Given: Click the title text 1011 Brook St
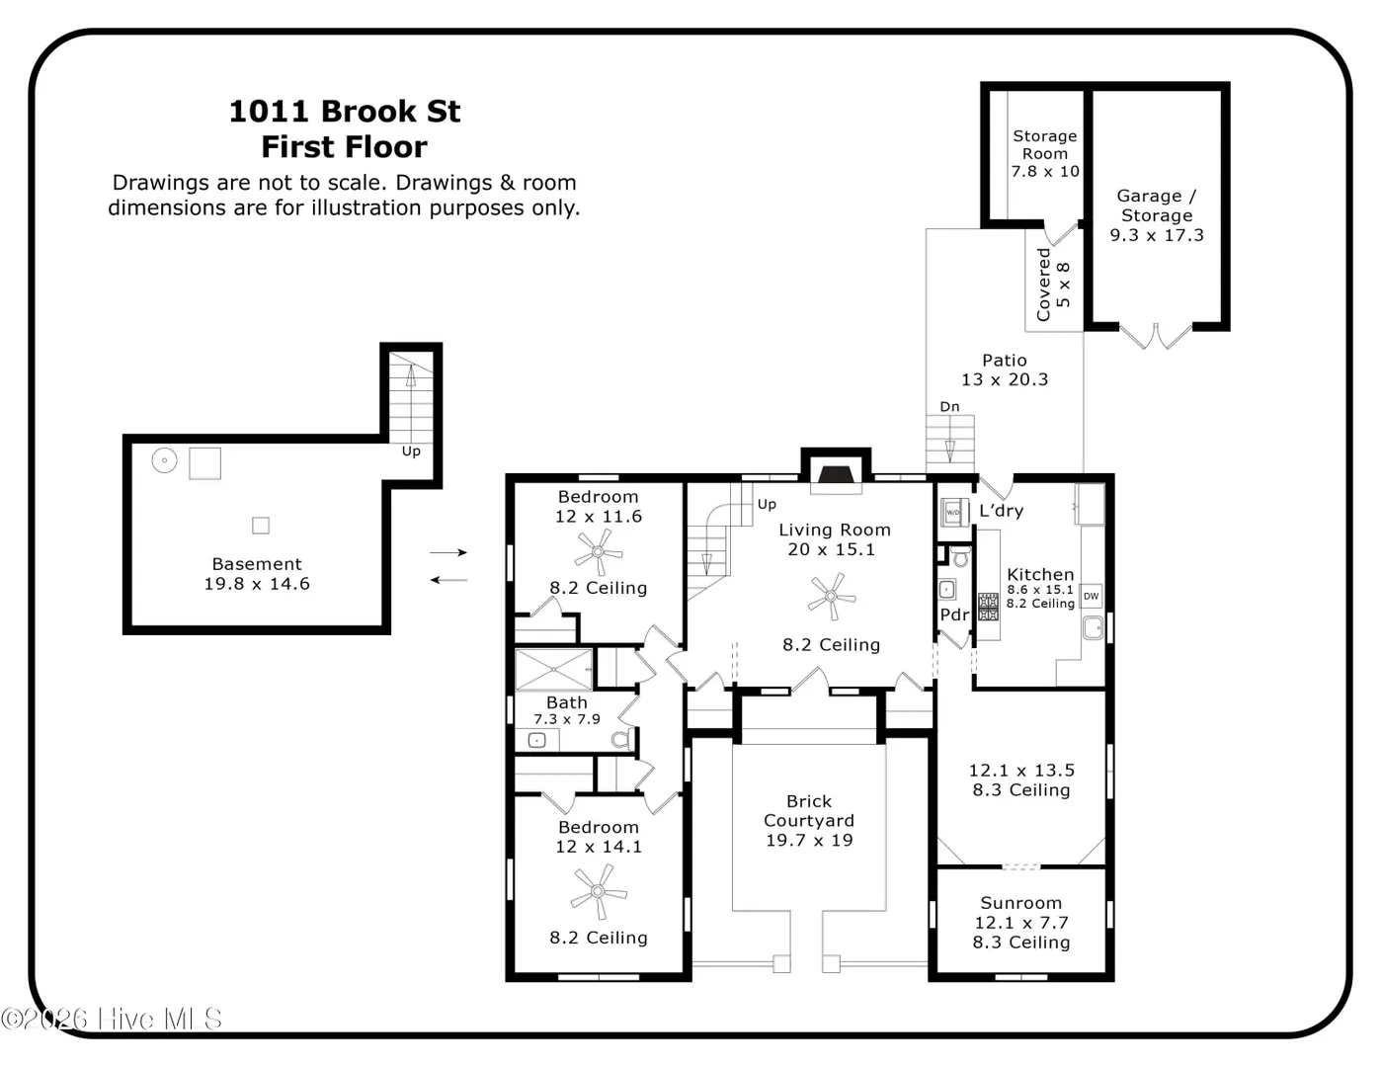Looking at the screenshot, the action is [x=345, y=112].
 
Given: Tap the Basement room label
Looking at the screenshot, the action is [x=257, y=564].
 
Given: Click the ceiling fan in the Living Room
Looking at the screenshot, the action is [x=832, y=596].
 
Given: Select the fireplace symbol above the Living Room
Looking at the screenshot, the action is [x=836, y=475].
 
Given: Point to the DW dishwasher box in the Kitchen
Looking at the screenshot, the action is [x=1091, y=596].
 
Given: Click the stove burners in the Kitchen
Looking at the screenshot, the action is [x=988, y=607].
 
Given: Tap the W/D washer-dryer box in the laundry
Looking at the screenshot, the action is [x=953, y=512].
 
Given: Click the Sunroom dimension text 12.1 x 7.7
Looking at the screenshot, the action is [x=1021, y=922].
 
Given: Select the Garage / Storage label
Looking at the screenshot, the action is [x=1157, y=205].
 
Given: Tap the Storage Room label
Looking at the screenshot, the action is [x=1045, y=144].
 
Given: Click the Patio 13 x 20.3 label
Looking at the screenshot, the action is [x=1005, y=369].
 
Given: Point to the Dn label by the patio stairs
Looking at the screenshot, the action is [x=949, y=407].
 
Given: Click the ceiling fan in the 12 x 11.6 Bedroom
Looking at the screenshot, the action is [x=598, y=551].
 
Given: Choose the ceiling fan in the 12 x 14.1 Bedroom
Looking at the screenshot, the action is [x=598, y=891].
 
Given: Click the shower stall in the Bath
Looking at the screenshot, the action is [x=553, y=669].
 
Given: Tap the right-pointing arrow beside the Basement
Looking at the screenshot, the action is [x=448, y=552].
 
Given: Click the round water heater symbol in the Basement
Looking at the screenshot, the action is [x=164, y=460].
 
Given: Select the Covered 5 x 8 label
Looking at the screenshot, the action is [x=1053, y=285].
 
